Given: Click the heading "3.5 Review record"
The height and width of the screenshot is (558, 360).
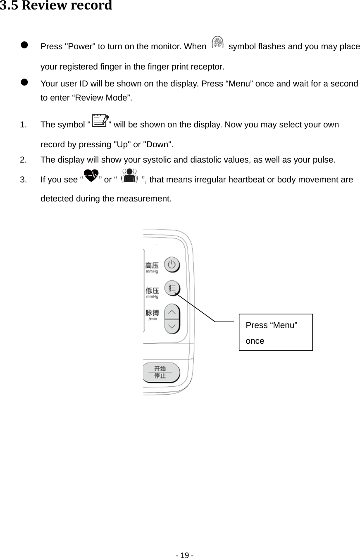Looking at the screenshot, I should [x=56, y=6].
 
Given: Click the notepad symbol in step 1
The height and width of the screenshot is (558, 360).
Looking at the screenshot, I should [x=99, y=121].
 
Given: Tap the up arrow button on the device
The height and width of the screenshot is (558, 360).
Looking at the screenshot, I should [x=172, y=311].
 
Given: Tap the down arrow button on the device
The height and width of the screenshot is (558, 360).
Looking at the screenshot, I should [x=172, y=326].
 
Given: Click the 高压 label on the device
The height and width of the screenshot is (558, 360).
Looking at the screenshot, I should [x=152, y=265].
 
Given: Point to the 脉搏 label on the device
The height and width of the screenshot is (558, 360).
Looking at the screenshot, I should [x=152, y=313].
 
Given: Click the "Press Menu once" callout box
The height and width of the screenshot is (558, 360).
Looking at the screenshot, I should [x=276, y=332].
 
